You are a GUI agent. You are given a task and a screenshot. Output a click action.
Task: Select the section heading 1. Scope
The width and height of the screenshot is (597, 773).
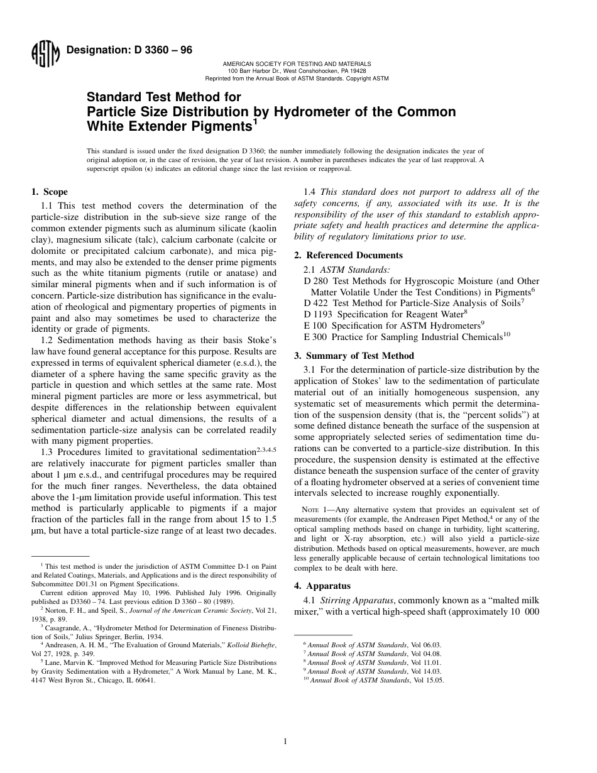click(x=50, y=192)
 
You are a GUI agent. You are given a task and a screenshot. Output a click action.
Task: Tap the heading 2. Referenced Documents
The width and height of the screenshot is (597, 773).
click(x=349, y=255)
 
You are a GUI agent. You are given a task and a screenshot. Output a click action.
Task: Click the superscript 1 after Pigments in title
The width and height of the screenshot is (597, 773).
click(x=255, y=122)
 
